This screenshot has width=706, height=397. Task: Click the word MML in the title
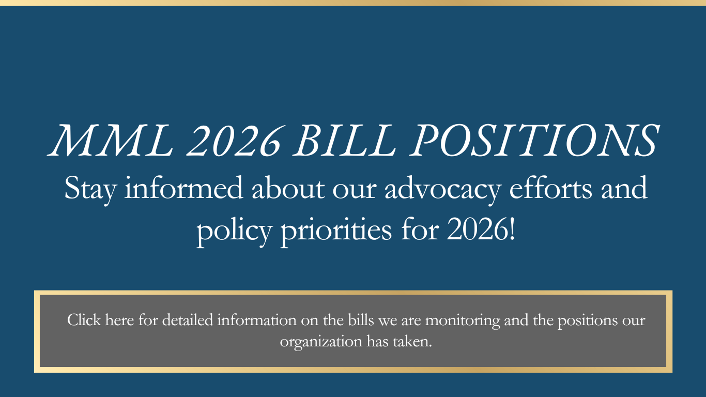[x=110, y=140]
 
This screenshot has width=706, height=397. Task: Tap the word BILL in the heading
[x=345, y=140]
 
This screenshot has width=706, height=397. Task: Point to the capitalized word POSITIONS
[x=534, y=140]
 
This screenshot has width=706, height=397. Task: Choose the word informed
[x=184, y=188]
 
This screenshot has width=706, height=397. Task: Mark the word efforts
[x=550, y=188]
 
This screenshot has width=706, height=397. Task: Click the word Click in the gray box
[x=84, y=320]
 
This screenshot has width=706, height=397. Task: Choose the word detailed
[x=188, y=320]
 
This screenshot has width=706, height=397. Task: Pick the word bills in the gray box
[x=361, y=320]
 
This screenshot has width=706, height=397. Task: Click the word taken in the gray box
[x=412, y=341]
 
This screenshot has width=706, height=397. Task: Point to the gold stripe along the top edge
[x=353, y=3]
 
